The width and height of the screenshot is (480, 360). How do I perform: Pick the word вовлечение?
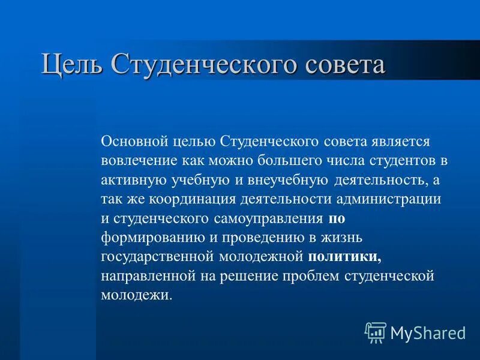139,161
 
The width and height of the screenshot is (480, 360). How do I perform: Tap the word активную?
134,180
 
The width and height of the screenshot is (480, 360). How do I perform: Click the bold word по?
337,218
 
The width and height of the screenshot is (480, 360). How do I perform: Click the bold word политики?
345,257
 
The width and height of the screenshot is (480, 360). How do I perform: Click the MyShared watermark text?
428,332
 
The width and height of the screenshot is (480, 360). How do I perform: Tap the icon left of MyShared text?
376,332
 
